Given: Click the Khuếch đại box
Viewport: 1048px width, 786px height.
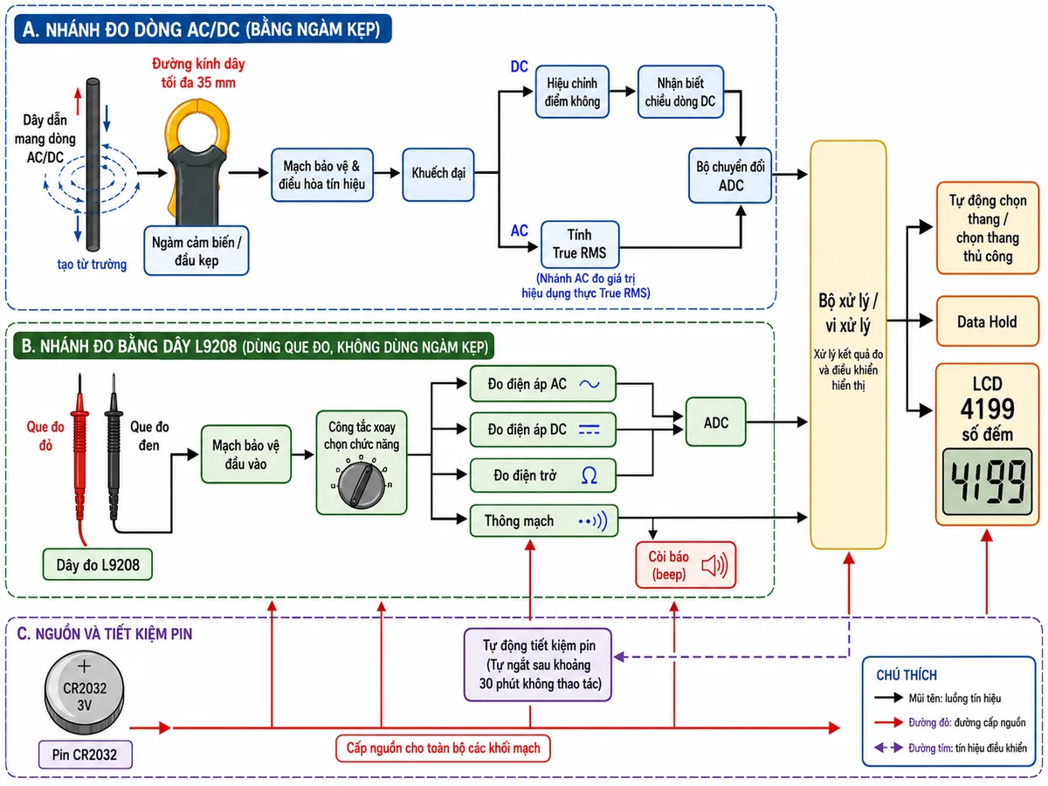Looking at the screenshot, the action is click(x=438, y=174).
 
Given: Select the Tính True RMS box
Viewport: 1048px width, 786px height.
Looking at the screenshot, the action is click(x=580, y=244).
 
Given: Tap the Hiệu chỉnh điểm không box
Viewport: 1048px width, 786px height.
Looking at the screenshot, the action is click(x=572, y=92).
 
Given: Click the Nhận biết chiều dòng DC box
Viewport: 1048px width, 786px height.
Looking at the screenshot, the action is click(x=680, y=92).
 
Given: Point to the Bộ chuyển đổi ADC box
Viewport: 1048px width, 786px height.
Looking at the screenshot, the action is click(x=730, y=176).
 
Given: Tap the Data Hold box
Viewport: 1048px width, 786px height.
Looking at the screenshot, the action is click(x=987, y=321).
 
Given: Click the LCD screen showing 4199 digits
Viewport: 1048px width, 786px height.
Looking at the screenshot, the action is click(x=987, y=481).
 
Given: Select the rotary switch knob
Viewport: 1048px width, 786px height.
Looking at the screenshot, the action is click(x=362, y=485).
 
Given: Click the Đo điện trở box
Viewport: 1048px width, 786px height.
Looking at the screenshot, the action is click(x=543, y=475).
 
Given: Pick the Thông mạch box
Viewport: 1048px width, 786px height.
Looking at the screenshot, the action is click(x=544, y=521).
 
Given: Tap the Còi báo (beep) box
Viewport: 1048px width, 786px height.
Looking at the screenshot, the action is click(x=686, y=564).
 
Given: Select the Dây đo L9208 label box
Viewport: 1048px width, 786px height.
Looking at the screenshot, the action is click(x=98, y=564).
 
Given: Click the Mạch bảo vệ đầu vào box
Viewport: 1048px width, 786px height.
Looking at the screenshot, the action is click(x=246, y=454).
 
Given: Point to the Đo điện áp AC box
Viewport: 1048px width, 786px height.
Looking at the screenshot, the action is click(x=543, y=383).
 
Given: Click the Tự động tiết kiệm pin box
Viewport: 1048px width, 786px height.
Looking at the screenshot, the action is click(x=538, y=665).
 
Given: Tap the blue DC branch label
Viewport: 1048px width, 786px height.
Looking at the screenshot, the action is click(x=519, y=66).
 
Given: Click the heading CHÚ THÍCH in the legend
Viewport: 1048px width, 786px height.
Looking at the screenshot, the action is click(x=907, y=675).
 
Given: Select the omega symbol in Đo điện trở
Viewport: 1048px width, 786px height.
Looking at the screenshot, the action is click(x=589, y=475).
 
